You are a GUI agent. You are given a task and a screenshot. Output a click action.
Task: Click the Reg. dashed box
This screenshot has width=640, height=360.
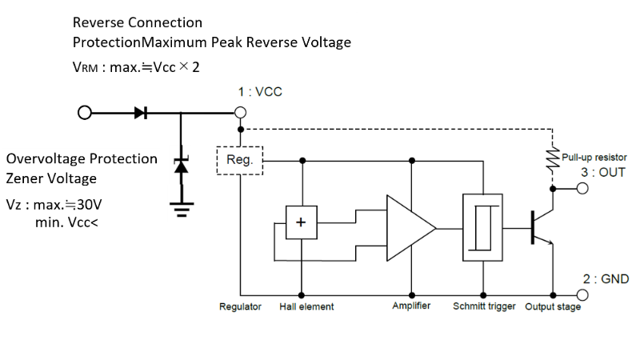point(240,161)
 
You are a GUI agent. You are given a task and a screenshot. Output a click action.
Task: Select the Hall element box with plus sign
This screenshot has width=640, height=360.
point(302,223)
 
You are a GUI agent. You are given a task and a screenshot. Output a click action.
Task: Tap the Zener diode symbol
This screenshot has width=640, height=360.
point(181,166)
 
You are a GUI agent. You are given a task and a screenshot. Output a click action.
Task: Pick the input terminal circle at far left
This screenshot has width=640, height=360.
point(84,113)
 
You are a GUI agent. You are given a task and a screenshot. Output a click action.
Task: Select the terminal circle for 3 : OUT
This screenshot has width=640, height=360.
point(582,189)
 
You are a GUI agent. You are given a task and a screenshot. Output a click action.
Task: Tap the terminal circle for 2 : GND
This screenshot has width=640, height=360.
point(582,292)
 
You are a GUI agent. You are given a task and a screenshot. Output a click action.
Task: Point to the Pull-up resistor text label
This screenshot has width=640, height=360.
point(594,158)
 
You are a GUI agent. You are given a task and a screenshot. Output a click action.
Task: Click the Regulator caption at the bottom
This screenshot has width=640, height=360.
point(240,307)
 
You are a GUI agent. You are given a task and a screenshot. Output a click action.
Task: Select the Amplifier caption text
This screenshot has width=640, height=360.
point(411,307)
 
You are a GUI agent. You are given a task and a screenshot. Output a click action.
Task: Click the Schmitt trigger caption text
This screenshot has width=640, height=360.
point(484,307)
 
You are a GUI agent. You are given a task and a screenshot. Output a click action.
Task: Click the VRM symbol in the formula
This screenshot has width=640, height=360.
point(84,67)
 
